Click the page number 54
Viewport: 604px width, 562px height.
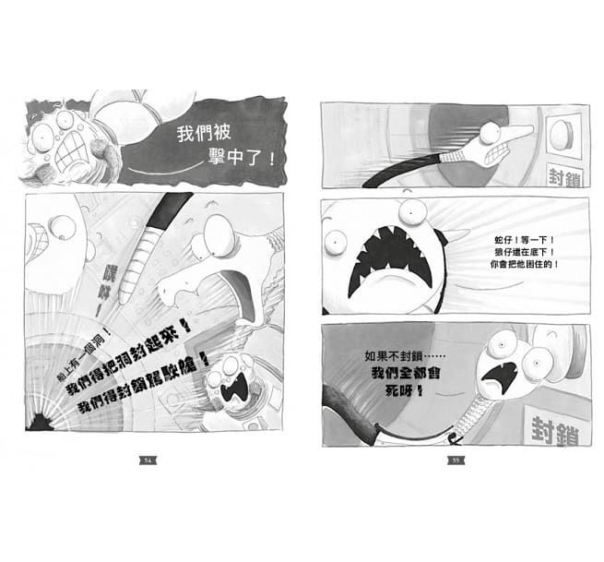click(147, 460)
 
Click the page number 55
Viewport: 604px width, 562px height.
click(454, 460)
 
